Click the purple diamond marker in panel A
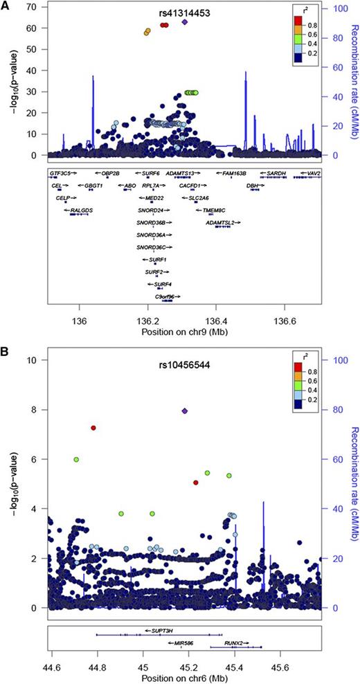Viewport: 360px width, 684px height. coord(185,21)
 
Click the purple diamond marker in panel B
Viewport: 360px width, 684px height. coord(184,411)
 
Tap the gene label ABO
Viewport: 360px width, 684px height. coord(129,186)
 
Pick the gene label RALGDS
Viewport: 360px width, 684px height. coord(78,209)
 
